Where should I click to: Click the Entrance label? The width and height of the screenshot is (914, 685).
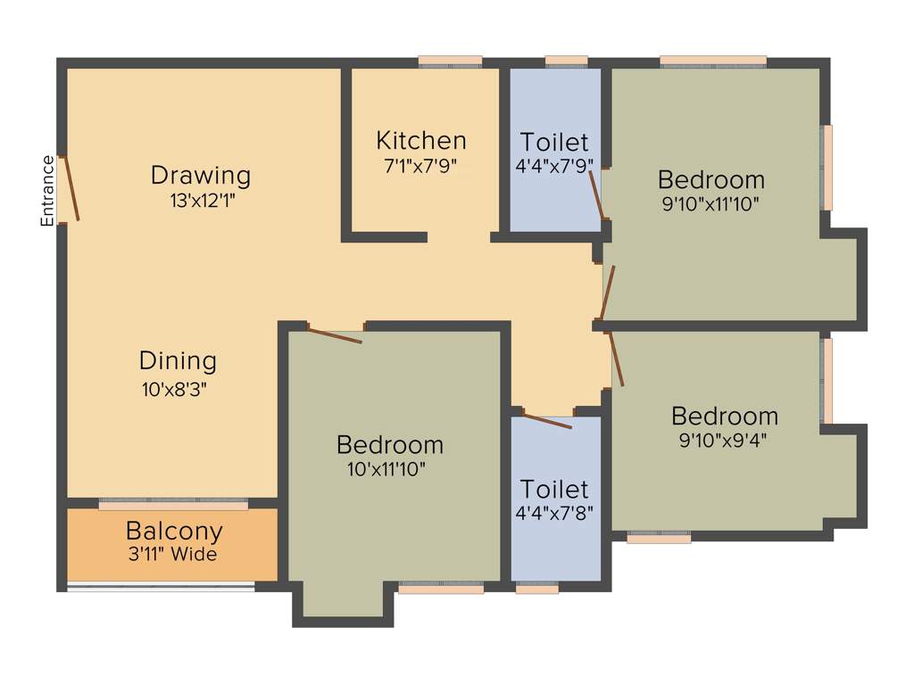pos(48,190)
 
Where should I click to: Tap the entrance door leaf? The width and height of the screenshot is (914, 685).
pos(70,188)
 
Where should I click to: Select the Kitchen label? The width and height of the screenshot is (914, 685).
pos(420,141)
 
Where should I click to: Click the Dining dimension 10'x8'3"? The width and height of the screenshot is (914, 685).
pos(178,389)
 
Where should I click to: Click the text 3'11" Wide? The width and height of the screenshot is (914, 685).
pos(172,555)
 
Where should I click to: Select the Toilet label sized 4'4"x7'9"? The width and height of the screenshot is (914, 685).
pos(554,142)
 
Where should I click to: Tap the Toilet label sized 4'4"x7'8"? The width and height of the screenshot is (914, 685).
pos(554,489)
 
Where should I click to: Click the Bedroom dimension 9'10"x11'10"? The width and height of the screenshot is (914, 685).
pos(710,203)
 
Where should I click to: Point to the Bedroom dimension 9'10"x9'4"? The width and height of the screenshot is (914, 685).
pos(724,440)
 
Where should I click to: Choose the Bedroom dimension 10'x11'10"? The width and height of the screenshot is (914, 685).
pos(389,468)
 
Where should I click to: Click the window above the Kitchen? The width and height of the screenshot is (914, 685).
pos(450,62)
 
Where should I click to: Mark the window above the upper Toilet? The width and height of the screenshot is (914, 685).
pos(566,62)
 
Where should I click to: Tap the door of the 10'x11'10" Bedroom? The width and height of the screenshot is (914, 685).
pos(335,335)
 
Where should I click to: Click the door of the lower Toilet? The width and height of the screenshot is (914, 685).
pos(547,420)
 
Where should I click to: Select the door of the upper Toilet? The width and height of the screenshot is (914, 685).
pos(598,194)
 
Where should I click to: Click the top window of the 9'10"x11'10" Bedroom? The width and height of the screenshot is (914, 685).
pos(713,62)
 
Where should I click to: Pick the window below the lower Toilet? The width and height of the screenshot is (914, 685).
pos(537,588)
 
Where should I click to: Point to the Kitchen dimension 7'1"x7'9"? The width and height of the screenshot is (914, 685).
pos(420,165)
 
